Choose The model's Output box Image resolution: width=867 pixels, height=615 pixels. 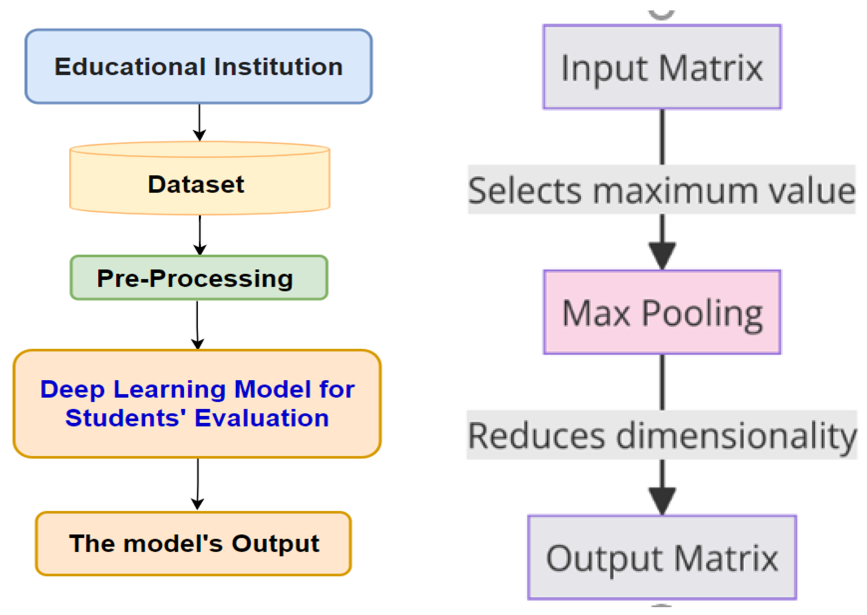(x=193, y=543)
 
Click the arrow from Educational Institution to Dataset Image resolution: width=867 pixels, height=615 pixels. (x=200, y=122)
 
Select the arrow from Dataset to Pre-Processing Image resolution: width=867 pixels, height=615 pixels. (x=200, y=235)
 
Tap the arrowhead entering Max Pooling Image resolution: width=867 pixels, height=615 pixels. (x=662, y=254)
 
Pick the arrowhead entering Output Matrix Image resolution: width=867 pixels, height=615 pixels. (x=662, y=500)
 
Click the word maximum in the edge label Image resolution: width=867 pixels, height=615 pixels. (x=675, y=190)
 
